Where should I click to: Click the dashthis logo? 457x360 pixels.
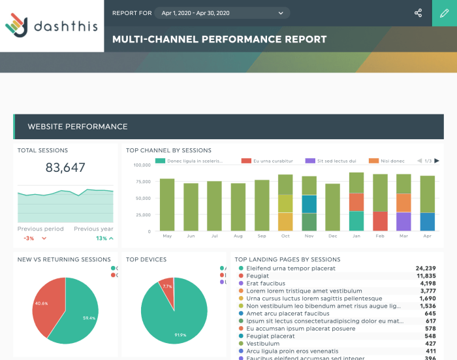coord(52,25)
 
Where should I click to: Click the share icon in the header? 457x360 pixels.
coord(418,13)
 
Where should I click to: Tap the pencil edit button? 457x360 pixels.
coord(445,13)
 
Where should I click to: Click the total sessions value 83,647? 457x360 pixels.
coord(65,168)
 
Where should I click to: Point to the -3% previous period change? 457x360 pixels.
coord(29,238)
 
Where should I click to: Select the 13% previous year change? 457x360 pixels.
coord(101,238)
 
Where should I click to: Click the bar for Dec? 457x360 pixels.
coord(332,207)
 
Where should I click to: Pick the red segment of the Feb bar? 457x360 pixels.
coord(380,221)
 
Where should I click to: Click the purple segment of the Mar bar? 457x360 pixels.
coord(403,221)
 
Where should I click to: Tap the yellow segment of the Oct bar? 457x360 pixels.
coord(285,203)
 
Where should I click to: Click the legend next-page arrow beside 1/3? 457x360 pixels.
coord(437,161)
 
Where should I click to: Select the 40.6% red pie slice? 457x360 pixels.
coord(47,304)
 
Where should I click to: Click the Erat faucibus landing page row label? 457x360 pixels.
coord(266,284)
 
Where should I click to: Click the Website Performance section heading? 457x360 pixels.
coord(78,126)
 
